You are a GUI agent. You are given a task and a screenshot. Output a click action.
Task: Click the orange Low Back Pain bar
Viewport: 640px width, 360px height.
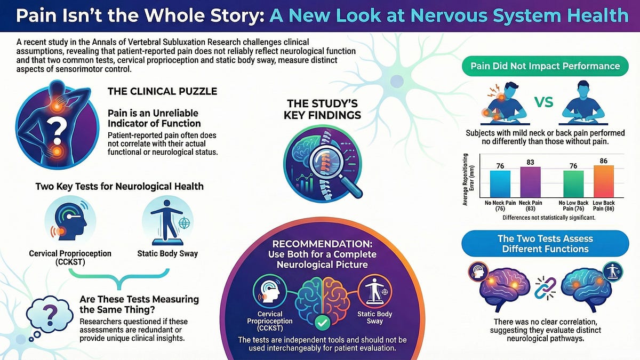tap(603, 181)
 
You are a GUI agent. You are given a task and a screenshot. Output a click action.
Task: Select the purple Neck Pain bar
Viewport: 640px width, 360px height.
tap(530, 182)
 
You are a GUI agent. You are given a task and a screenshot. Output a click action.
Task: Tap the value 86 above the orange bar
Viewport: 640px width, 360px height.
tap(603, 161)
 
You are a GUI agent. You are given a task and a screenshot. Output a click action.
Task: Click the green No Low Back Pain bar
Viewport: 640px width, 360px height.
tap(573, 184)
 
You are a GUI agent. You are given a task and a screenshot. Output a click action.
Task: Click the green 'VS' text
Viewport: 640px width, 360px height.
tap(543, 102)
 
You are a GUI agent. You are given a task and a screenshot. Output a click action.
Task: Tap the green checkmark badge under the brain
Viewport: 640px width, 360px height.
tap(322, 323)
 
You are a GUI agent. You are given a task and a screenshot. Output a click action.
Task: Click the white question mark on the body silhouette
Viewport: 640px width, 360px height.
tap(57, 132)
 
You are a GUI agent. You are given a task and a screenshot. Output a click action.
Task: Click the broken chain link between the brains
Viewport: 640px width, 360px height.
tap(545, 289)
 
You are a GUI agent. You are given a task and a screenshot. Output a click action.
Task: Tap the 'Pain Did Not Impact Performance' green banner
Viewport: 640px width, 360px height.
tap(545, 66)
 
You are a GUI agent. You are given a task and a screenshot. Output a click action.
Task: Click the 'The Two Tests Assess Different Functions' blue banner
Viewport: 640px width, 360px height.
tap(545, 244)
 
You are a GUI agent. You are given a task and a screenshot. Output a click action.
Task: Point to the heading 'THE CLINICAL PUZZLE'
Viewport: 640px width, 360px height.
tap(162, 91)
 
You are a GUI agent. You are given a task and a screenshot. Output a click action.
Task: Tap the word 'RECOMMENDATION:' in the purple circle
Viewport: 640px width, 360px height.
tap(322, 244)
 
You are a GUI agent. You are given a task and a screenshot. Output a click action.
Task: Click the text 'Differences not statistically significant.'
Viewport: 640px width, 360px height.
tap(549, 218)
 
